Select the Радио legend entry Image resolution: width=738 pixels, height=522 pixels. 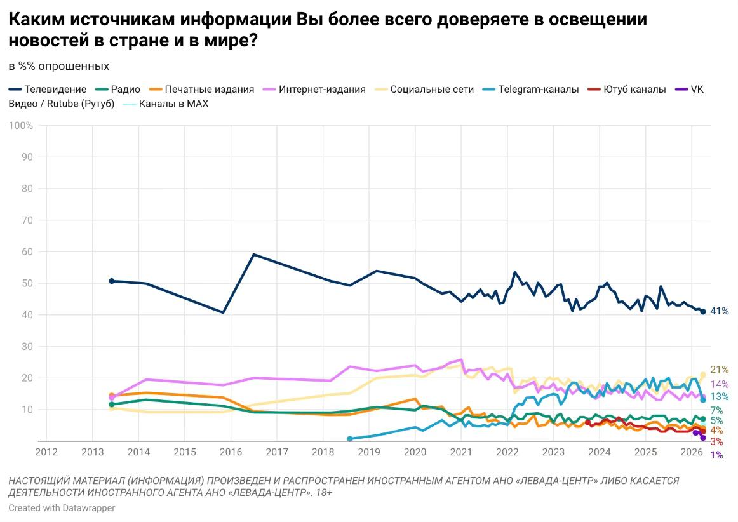pyautogui.click(x=117, y=90)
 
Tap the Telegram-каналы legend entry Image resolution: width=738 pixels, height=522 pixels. pyautogui.click(x=530, y=90)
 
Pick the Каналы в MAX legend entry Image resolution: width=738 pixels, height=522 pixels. pyautogui.click(x=165, y=104)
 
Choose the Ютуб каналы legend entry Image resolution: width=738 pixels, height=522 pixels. pyautogui.click(x=627, y=90)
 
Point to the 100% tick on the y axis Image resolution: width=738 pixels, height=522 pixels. pyautogui.click(x=21, y=126)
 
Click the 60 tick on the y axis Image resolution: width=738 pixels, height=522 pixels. pyautogui.click(x=27, y=252)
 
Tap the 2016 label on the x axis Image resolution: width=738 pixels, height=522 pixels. pyautogui.click(x=231, y=452)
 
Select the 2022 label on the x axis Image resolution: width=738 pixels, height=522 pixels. pyautogui.click(x=507, y=452)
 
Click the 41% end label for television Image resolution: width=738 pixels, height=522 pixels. pyautogui.click(x=719, y=311)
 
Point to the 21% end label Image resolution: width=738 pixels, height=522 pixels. pyautogui.click(x=719, y=370)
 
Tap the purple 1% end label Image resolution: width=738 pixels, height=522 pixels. pyautogui.click(x=716, y=455)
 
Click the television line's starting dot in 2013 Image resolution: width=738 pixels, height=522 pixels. pyautogui.click(x=112, y=281)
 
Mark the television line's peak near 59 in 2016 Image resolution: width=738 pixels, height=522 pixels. pyautogui.click(x=253, y=255)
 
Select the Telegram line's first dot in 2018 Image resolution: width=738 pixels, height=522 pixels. pyautogui.click(x=350, y=439)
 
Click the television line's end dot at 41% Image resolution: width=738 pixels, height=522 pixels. pyautogui.click(x=703, y=312)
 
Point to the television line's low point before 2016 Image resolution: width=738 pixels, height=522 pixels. pyautogui.click(x=223, y=312)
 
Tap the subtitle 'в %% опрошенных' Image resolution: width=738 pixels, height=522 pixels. pyautogui.click(x=59, y=67)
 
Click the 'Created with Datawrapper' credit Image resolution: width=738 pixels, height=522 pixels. pyautogui.click(x=62, y=508)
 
